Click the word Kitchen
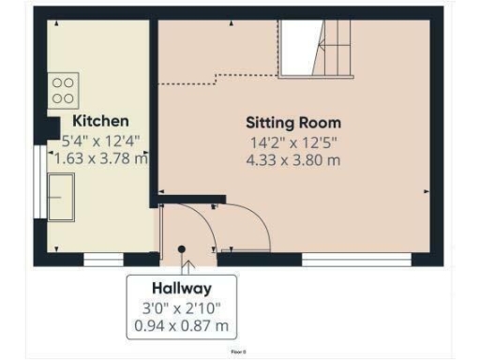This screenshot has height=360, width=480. click(x=100, y=122)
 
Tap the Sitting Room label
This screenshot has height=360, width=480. click(x=293, y=123)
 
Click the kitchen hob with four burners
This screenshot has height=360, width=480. click(x=64, y=90)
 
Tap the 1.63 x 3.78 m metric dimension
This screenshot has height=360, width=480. click(x=100, y=158)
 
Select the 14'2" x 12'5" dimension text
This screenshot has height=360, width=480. click(x=293, y=142)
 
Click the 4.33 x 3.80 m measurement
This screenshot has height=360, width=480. click(x=293, y=160)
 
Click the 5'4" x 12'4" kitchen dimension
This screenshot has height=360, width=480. click(x=100, y=141)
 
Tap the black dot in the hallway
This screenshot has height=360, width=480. click(x=182, y=249)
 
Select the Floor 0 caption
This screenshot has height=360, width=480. click(x=239, y=352)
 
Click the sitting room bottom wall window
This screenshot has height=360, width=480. click(x=357, y=255)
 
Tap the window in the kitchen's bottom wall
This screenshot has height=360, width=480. click(x=104, y=255)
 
